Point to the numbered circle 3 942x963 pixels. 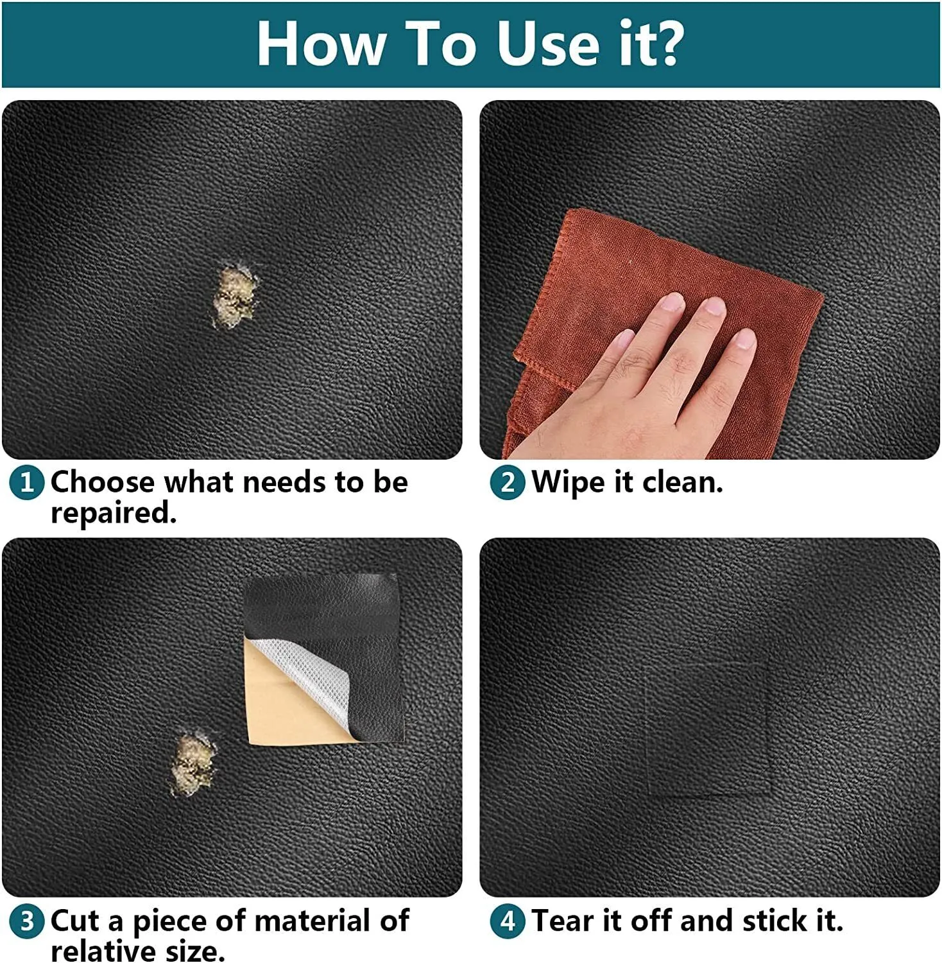click(27, 922)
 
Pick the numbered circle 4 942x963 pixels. click(508, 922)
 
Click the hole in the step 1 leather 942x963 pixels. click(235, 296)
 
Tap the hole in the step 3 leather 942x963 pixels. click(193, 764)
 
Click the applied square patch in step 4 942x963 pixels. click(709, 729)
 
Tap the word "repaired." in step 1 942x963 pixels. click(114, 513)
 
